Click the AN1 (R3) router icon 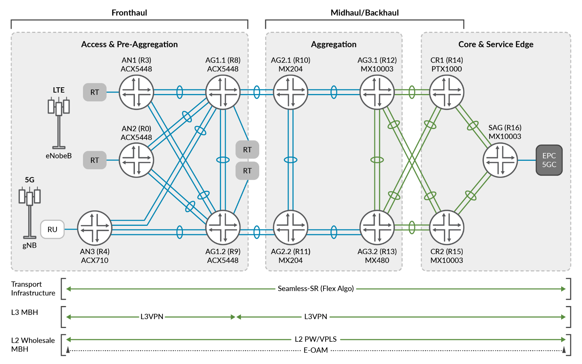(136, 92)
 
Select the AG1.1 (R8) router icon (223, 92)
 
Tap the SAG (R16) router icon (500, 160)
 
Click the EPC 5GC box (549, 160)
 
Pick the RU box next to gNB (52, 229)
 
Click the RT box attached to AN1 (95, 92)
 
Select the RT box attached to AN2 (95, 160)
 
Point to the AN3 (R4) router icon (95, 228)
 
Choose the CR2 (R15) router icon (446, 228)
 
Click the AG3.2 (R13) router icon (377, 228)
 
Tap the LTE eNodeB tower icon (59, 120)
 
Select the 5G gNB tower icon (30, 210)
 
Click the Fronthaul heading (129, 13)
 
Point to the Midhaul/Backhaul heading (364, 13)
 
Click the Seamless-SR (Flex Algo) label (316, 288)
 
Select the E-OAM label (316, 350)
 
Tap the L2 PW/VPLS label (316, 339)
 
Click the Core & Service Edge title (495, 44)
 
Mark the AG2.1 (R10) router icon (291, 92)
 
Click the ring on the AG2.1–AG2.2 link (291, 160)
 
